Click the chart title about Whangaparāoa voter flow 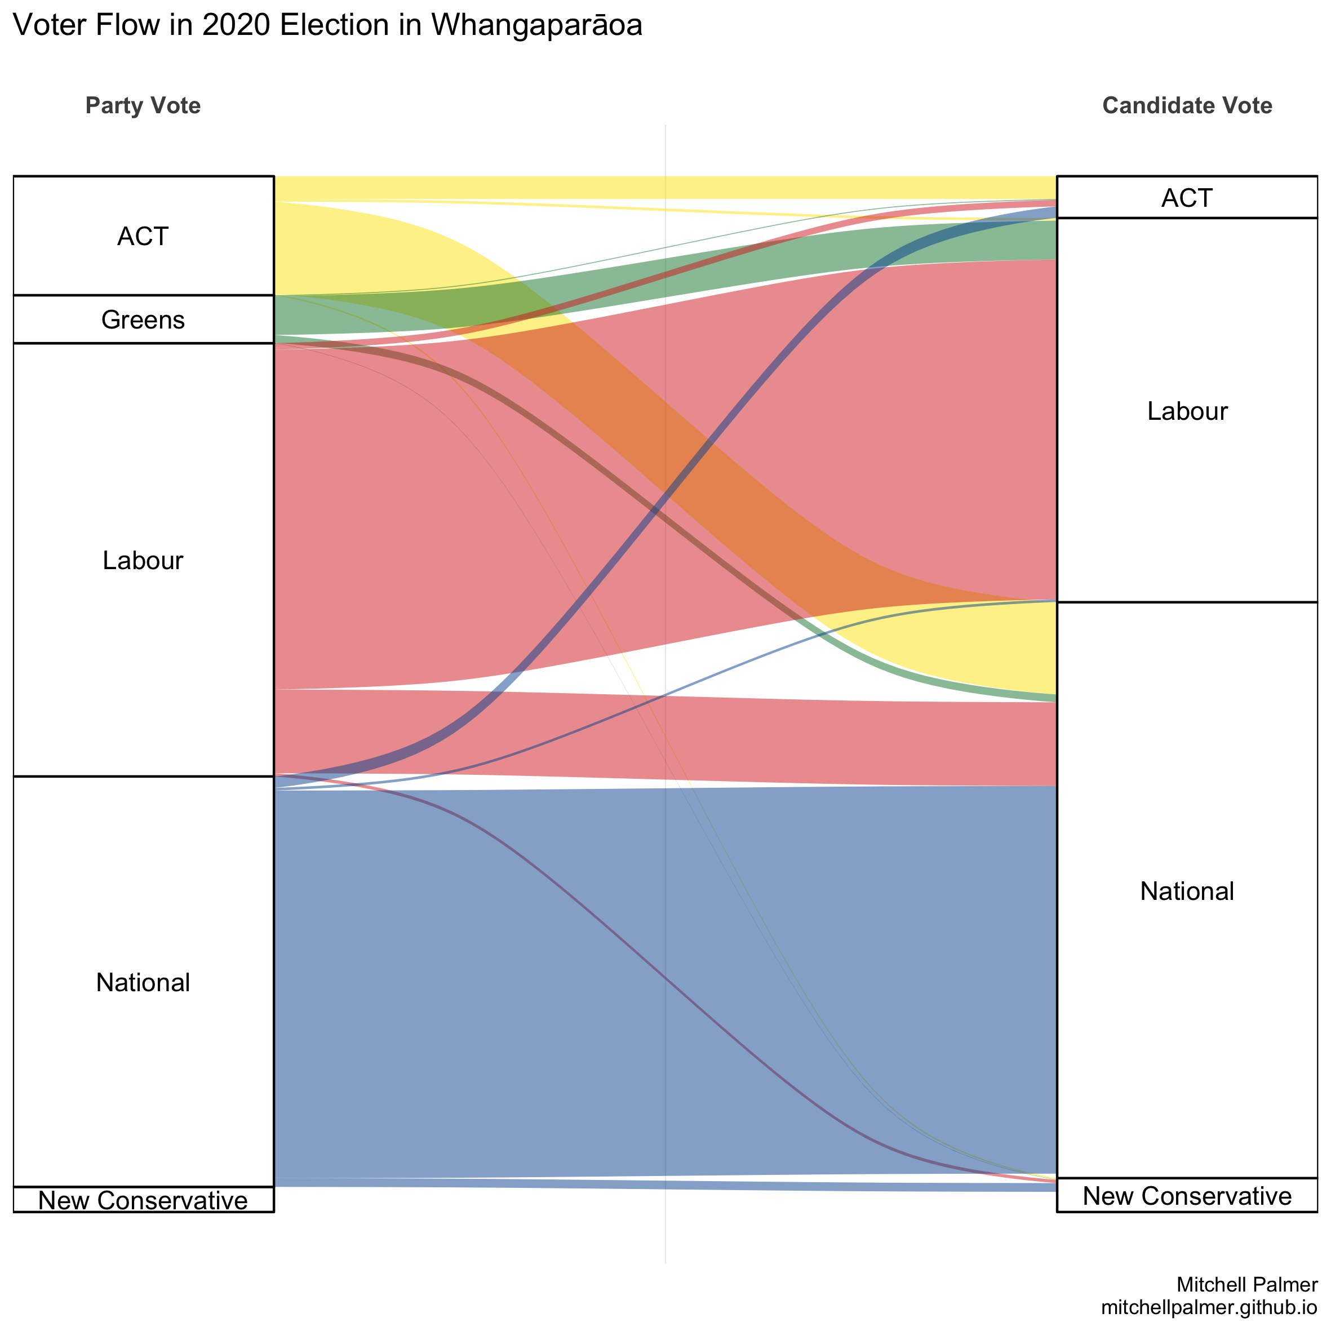(x=328, y=25)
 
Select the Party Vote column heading (x=143, y=105)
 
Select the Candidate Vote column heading (x=1187, y=105)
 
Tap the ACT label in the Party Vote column (x=143, y=236)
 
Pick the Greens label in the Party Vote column (x=143, y=320)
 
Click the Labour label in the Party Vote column (x=143, y=560)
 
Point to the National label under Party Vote (x=143, y=982)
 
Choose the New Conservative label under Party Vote (x=143, y=1201)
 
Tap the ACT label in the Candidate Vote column (x=1187, y=198)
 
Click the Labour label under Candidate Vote (x=1187, y=411)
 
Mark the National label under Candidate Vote (x=1187, y=891)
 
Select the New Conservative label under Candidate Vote (x=1187, y=1196)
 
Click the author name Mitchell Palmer (x=1247, y=1285)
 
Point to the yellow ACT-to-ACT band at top (x=665, y=188)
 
